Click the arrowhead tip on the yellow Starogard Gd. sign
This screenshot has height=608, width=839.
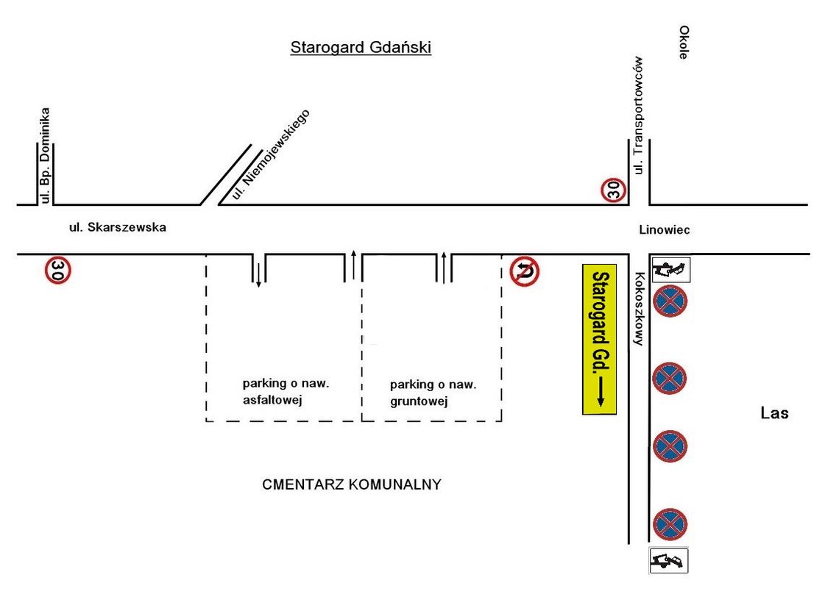[600, 406]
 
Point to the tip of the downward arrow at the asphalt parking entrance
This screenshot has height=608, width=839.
[258, 287]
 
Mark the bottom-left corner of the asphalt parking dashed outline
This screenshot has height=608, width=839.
[207, 421]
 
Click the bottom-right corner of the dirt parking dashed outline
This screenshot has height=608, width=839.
[501, 421]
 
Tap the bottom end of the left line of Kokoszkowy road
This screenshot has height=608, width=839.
[629, 543]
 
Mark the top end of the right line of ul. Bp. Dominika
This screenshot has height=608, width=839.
[54, 143]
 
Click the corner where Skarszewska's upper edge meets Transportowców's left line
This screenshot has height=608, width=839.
[629, 204]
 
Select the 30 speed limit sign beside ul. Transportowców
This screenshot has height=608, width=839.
[613, 190]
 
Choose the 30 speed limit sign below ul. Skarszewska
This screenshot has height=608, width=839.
[58, 270]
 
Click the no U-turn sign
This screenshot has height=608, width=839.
[524, 271]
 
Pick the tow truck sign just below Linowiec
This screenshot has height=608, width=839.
[671, 270]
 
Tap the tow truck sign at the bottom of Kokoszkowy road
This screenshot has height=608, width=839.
[668, 560]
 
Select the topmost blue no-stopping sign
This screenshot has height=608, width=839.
[670, 301]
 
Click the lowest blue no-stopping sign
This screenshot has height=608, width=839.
[670, 524]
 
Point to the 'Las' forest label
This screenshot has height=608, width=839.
[774, 413]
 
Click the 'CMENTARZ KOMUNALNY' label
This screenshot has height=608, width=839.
[352, 484]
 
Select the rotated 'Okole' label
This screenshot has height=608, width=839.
[683, 42]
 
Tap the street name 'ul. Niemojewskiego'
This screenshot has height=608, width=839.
[271, 154]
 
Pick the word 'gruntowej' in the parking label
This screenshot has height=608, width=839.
[419, 401]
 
